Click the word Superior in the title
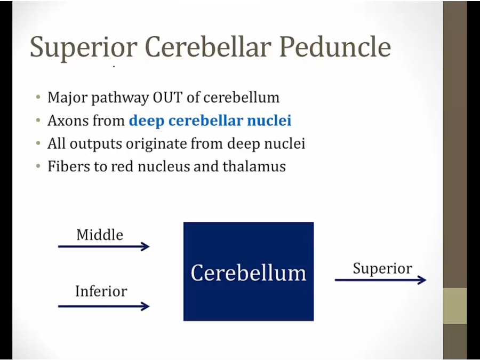click(84, 47)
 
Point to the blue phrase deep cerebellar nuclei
click(210, 121)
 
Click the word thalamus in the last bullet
click(254, 166)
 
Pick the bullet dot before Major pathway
click(38, 98)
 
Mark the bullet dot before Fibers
click(38, 166)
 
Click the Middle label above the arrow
click(100, 235)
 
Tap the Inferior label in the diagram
click(101, 291)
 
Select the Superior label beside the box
click(382, 269)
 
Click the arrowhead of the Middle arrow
click(145, 246)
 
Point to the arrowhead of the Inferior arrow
click(145, 306)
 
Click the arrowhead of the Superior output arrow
click(422, 280)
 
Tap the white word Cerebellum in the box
click(248, 273)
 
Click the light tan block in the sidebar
click(455, 306)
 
